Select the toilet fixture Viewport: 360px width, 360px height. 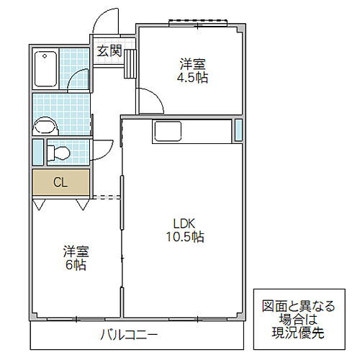click(x=59, y=153)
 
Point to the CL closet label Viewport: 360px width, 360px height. click(x=60, y=182)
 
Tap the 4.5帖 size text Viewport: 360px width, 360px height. click(x=192, y=77)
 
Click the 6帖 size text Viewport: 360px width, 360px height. click(x=75, y=265)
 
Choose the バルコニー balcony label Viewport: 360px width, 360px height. click(x=129, y=335)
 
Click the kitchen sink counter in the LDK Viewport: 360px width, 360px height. click(x=170, y=132)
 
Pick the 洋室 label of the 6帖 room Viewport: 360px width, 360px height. click(x=75, y=251)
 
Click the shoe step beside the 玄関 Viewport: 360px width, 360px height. click(x=130, y=63)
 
